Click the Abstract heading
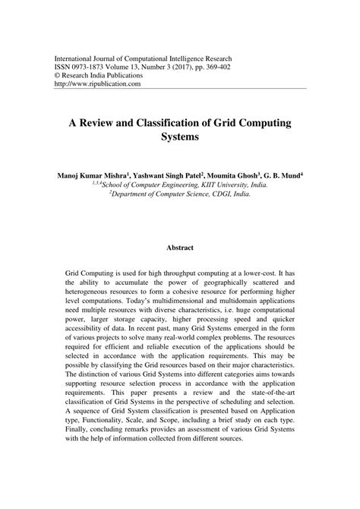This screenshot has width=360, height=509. coord(179,247)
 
